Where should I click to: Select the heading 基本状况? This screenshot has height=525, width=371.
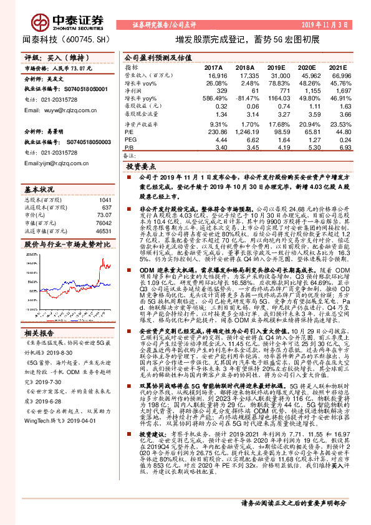point(39,189)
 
